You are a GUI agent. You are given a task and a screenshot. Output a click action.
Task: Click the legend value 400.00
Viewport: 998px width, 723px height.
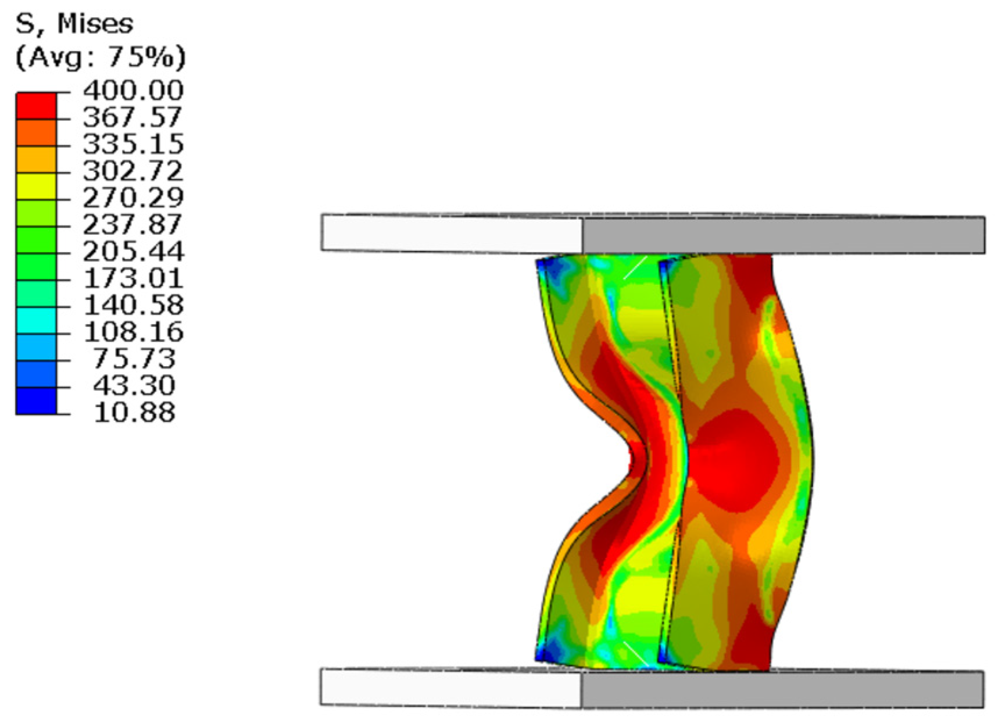click(x=133, y=90)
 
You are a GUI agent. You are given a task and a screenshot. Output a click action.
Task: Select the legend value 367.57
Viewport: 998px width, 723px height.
click(x=133, y=117)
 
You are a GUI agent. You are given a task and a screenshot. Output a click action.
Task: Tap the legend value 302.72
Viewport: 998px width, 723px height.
click(x=133, y=170)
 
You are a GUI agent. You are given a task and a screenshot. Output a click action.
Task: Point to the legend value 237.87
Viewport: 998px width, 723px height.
click(x=133, y=224)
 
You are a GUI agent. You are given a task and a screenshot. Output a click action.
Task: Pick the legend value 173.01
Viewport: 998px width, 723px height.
click(x=133, y=278)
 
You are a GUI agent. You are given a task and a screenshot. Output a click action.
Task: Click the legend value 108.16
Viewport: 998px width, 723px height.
click(x=133, y=331)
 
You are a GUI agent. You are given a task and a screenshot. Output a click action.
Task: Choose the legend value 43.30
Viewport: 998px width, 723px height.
click(x=134, y=385)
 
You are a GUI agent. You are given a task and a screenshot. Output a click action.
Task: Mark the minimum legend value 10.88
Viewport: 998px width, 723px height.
click(x=134, y=411)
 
